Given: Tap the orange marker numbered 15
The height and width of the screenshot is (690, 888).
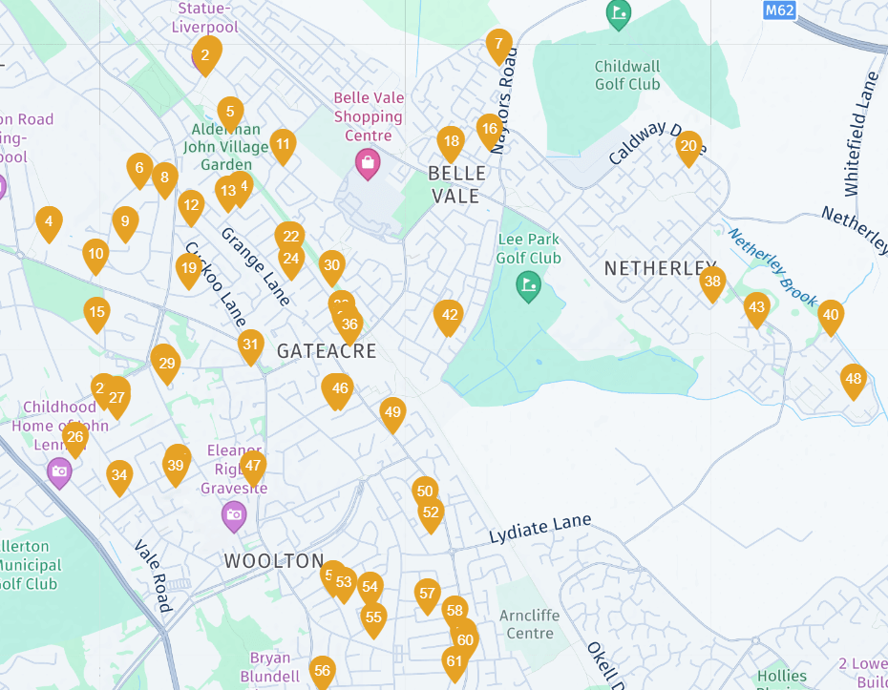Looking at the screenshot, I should (95, 313).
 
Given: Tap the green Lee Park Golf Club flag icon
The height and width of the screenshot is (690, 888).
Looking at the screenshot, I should (528, 284).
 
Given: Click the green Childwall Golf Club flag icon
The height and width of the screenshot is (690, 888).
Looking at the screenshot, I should (619, 14).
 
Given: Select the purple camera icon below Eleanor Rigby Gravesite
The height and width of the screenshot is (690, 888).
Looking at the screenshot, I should (234, 516).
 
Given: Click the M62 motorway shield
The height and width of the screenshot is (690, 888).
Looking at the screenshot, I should (779, 10).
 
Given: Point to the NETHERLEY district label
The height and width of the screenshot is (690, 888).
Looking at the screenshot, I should (660, 268).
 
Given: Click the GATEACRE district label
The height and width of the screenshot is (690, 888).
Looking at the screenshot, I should (327, 351).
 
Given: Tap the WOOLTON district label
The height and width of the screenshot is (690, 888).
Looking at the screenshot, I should (274, 561).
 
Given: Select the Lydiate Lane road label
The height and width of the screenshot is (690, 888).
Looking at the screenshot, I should (539, 529).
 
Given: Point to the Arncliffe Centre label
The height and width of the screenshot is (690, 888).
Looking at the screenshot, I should (529, 624).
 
